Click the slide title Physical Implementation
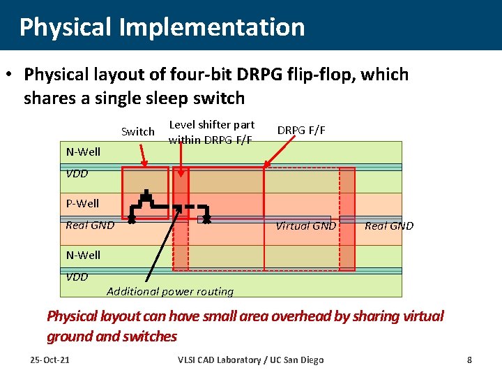162,27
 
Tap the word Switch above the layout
138,131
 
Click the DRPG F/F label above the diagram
301,130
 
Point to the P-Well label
82,204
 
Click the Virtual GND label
305,226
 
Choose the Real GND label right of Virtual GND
389,226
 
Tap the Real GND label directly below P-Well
89,225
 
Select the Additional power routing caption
170,291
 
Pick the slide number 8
469,360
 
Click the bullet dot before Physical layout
10,75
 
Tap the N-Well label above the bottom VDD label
83,255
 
